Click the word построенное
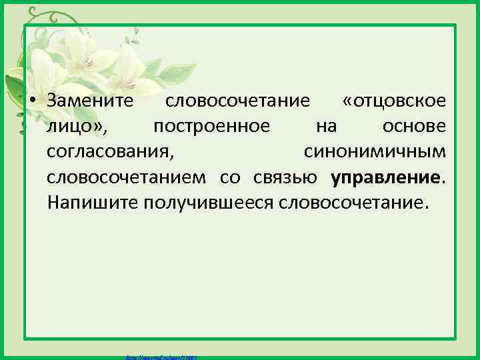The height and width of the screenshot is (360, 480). point(211,126)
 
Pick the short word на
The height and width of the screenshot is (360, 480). point(326,126)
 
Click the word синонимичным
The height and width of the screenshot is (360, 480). point(375,151)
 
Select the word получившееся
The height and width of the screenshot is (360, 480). point(207,202)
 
